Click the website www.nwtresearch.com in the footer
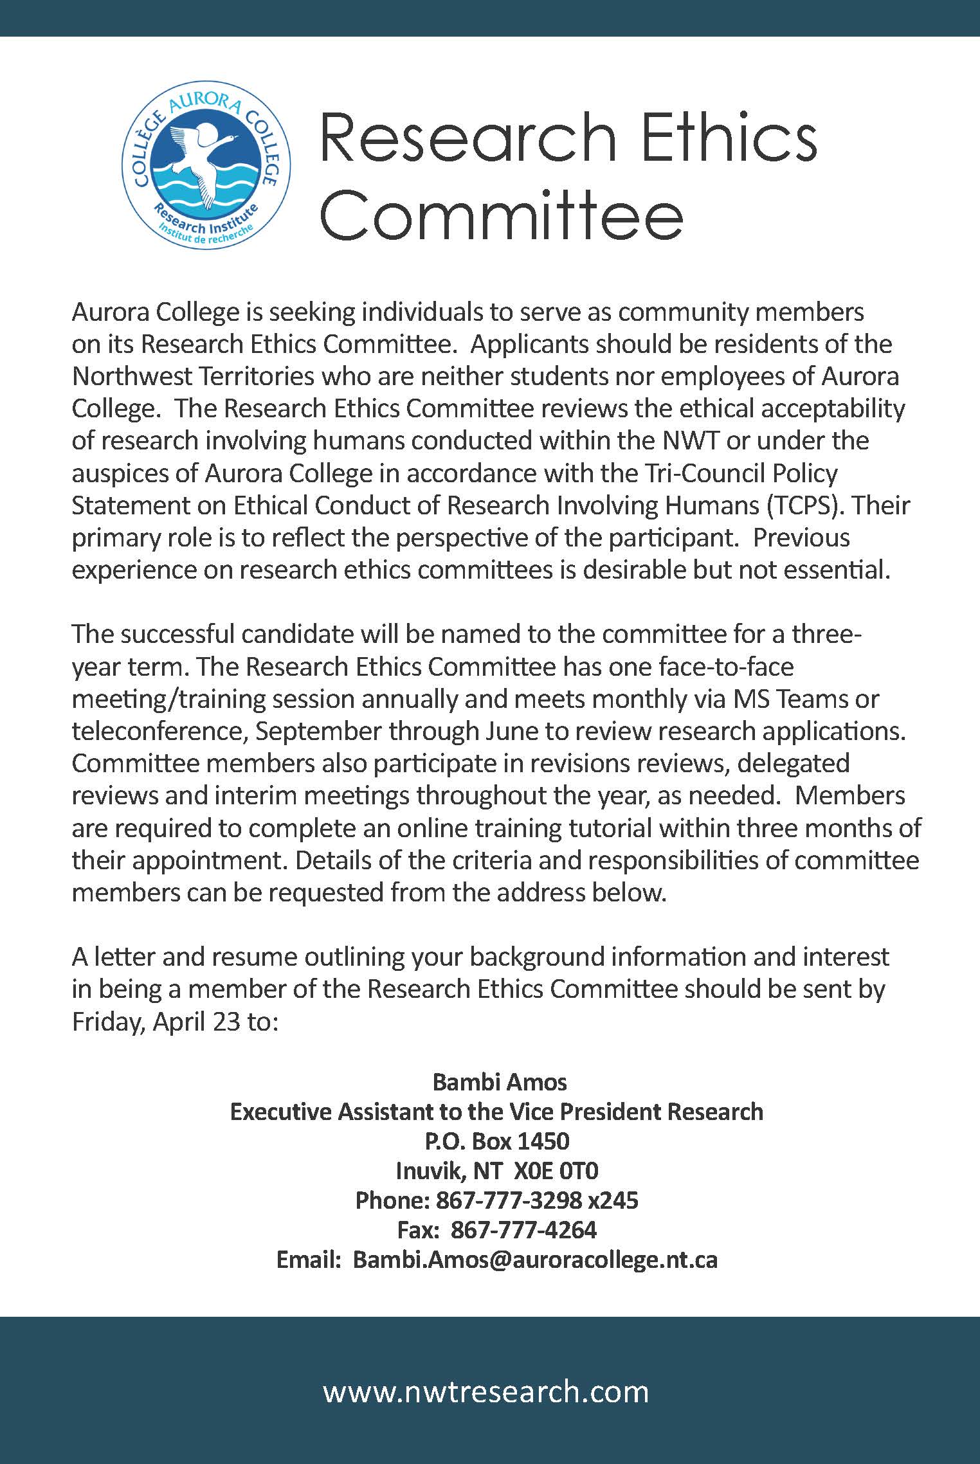(485, 1392)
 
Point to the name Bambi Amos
(500, 1082)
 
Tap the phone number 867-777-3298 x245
(537, 1200)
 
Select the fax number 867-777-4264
(523, 1229)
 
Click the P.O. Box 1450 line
(496, 1141)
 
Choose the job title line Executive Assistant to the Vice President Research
(496, 1112)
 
